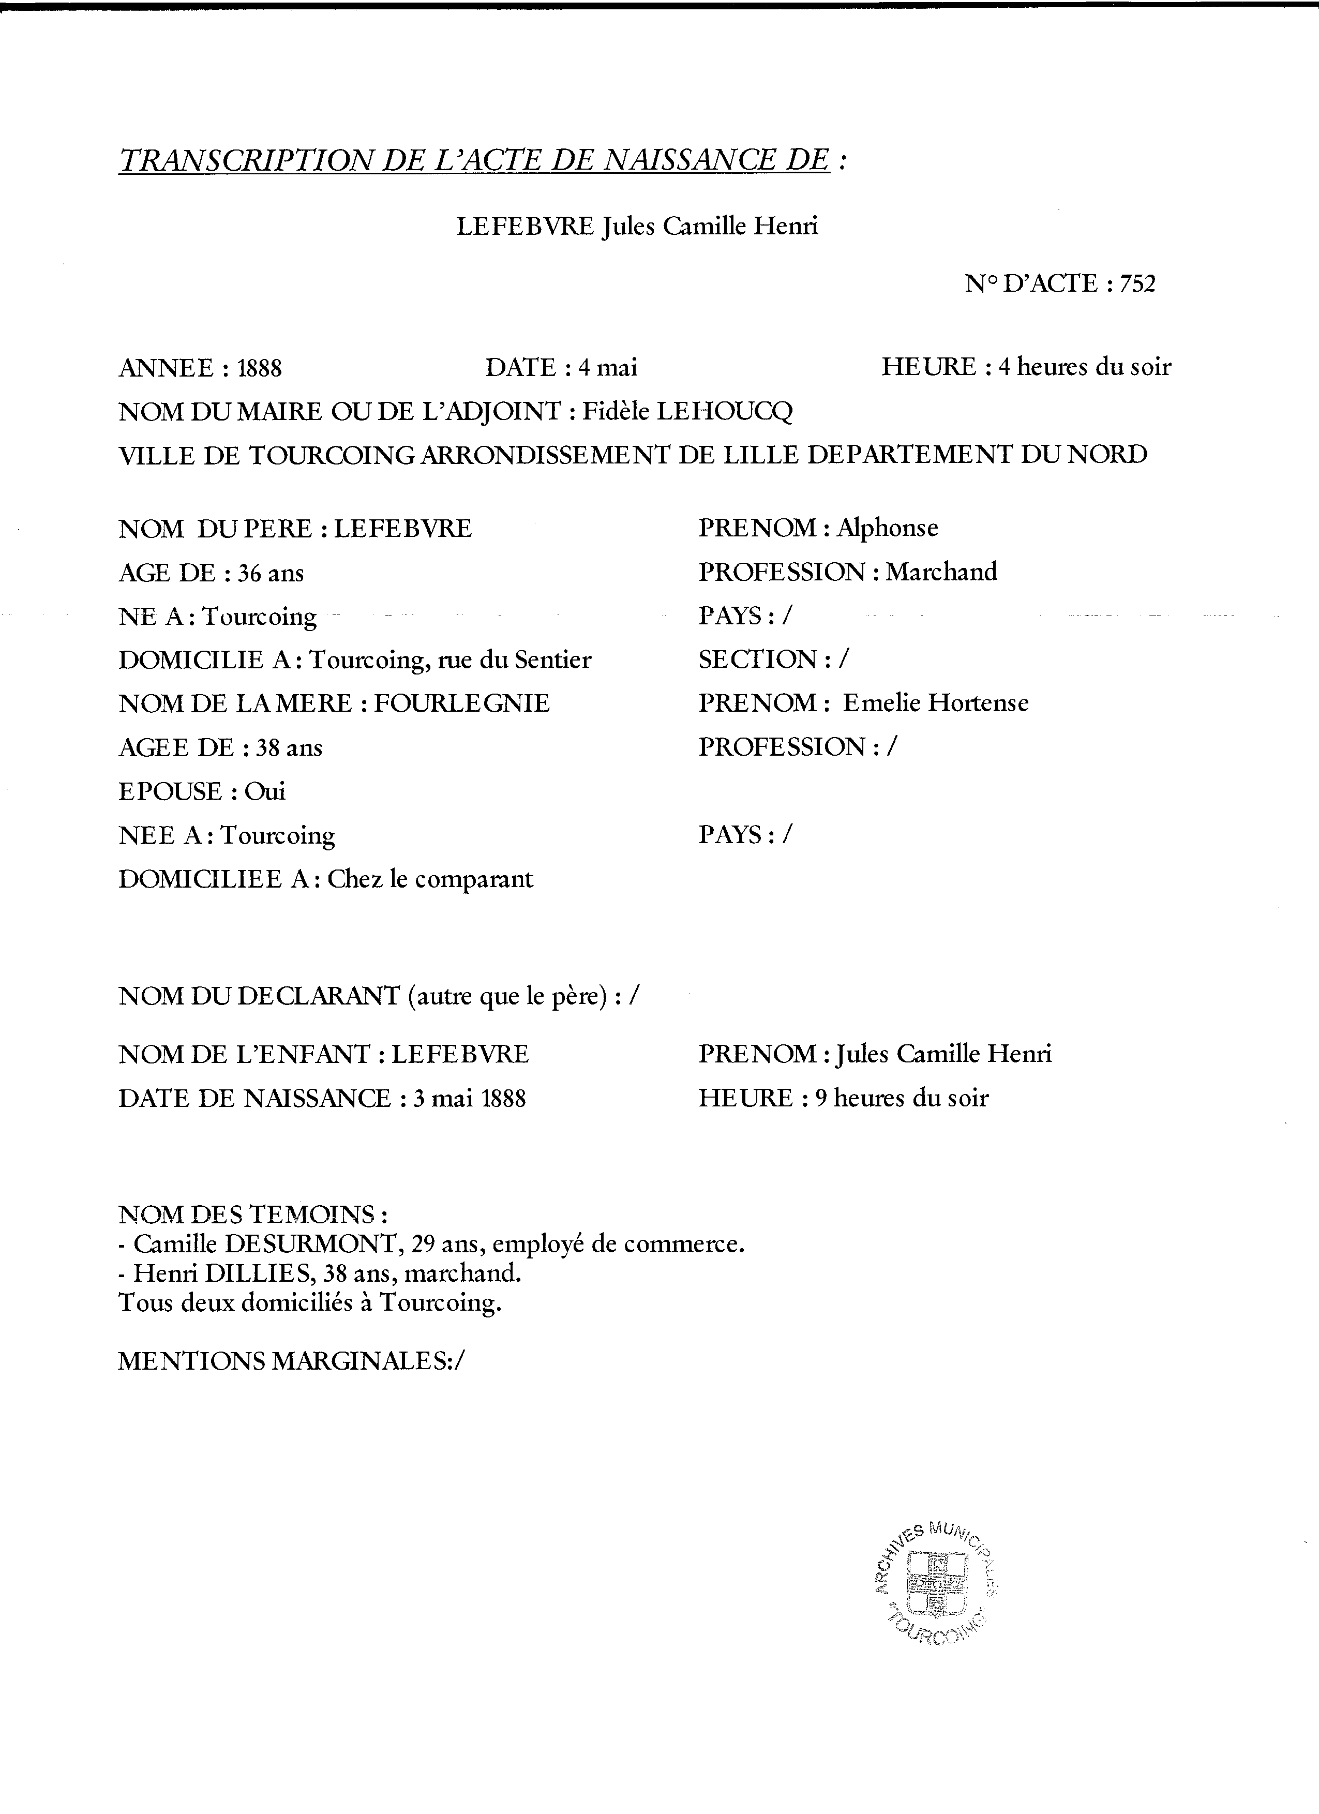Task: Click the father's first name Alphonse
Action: (887, 528)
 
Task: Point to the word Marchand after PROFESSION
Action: (941, 572)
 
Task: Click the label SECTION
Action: (757, 660)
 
